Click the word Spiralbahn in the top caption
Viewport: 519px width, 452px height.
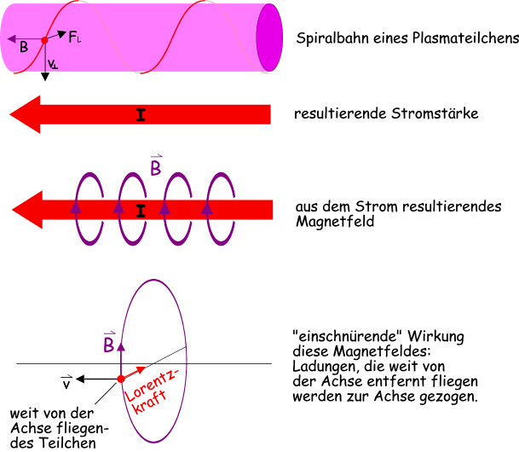328,38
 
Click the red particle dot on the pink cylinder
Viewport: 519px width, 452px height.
44,40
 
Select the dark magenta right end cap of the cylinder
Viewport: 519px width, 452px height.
269,38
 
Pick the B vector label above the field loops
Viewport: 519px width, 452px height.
156,166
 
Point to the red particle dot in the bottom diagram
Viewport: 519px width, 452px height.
121,378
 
